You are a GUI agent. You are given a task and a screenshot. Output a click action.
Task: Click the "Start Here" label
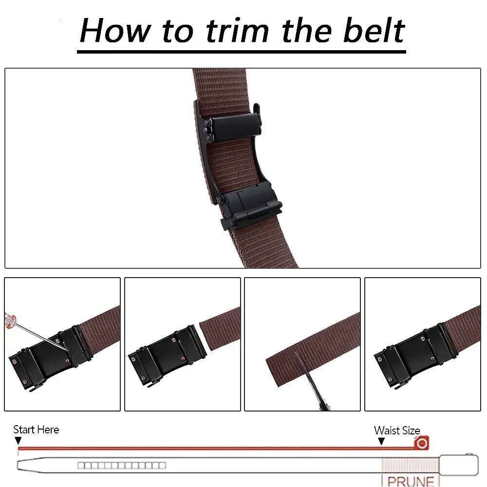[x=36, y=430]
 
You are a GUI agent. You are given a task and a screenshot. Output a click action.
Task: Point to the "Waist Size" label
[x=396, y=431]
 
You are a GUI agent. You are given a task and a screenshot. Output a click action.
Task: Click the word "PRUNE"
[x=410, y=481]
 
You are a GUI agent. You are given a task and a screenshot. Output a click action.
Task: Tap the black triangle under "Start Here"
[x=18, y=441]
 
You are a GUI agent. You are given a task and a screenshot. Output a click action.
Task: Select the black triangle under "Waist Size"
[x=381, y=441]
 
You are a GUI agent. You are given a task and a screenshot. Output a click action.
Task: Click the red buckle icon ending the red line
[x=421, y=443]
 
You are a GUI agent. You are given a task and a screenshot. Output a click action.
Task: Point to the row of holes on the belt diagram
[x=122, y=465]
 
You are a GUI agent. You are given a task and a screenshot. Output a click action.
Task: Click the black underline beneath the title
[x=242, y=50]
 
